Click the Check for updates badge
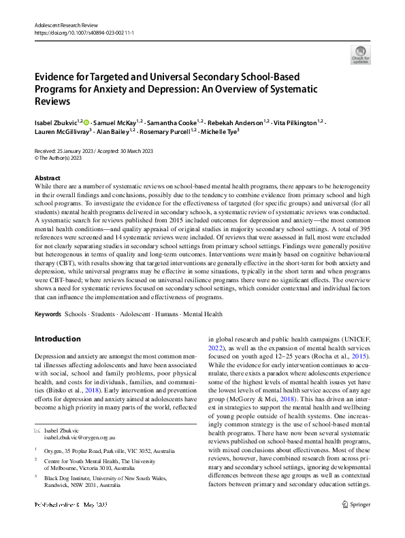tap(359, 54)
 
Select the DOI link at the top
tap(84, 31)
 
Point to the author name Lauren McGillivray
tap(60, 132)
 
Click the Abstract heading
tap(47, 177)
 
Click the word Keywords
tap(48, 314)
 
